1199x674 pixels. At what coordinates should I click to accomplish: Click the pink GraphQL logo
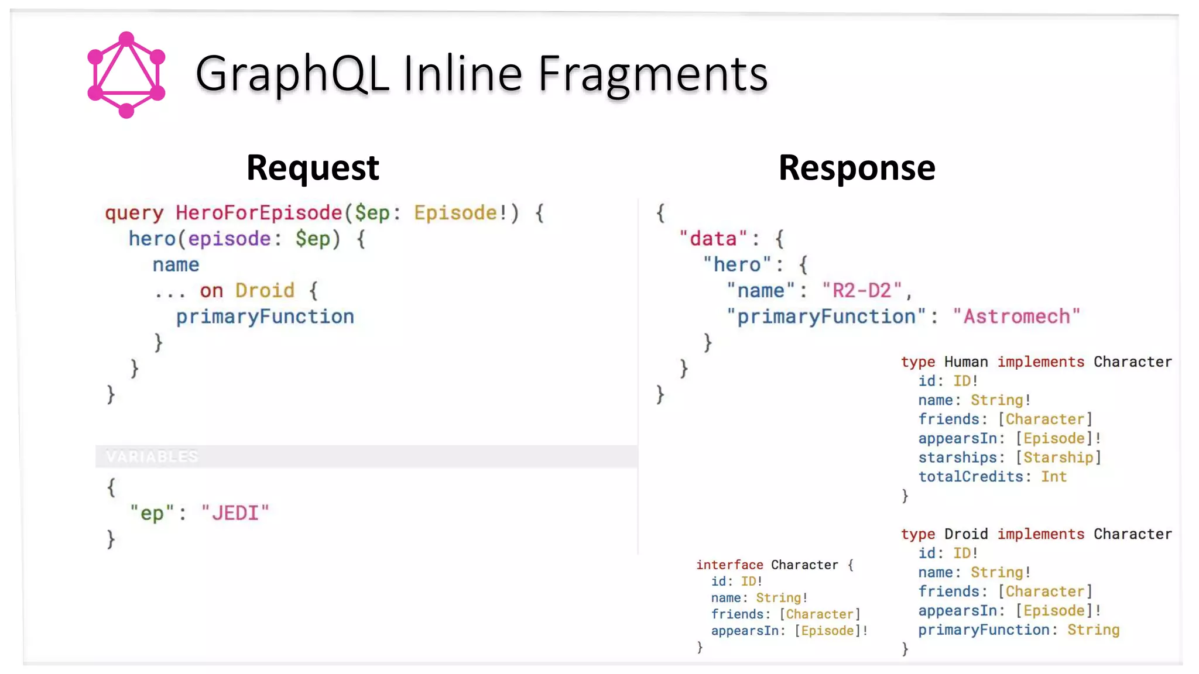point(126,75)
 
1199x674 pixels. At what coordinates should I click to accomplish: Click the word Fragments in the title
point(652,74)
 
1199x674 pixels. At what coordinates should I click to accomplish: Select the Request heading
point(313,168)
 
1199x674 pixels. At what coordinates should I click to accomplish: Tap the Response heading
point(857,168)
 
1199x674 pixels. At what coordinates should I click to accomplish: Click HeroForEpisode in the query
point(259,213)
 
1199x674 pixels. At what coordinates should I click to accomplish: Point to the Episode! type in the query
point(460,213)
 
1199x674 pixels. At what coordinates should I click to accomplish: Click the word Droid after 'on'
point(265,291)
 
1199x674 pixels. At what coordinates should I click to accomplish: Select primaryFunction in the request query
point(265,317)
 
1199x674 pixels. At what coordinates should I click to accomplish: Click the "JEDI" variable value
point(235,513)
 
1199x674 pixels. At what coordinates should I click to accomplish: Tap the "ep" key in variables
point(152,513)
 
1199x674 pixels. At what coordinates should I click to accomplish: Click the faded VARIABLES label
point(152,456)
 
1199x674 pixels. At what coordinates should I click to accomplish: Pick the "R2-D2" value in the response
point(861,291)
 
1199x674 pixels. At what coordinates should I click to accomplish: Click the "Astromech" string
point(1016,317)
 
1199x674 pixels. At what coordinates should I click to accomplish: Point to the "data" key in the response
point(712,239)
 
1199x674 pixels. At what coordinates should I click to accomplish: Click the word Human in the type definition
point(965,362)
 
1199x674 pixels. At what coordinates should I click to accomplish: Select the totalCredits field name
point(970,477)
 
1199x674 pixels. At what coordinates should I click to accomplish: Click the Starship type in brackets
point(1058,458)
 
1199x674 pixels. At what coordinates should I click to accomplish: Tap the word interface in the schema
point(729,565)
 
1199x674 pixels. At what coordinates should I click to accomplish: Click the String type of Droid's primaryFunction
point(1093,630)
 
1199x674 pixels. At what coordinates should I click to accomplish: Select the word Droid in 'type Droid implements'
point(965,534)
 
